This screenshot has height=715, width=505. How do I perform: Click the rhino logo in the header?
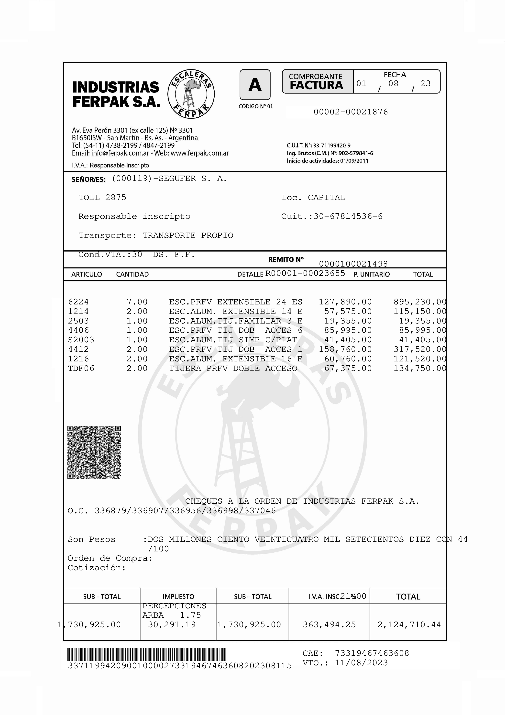coord(191,94)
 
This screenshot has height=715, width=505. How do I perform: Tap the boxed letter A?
coord(255,85)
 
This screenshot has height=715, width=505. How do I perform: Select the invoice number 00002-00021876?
coord(351,112)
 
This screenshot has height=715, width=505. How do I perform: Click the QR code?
coord(94,452)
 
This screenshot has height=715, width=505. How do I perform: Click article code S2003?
coord(81,340)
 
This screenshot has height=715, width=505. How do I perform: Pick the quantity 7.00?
coord(137,302)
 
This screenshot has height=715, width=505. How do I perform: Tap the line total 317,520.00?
coord(420,349)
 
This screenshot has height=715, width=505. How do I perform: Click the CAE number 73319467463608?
coord(372,653)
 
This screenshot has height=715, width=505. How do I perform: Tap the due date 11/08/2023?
coord(361,663)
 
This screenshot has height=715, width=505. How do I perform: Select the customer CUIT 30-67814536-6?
coord(348,216)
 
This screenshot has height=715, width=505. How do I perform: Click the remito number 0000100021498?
coord(353,264)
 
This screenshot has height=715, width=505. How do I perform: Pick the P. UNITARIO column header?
coord(372,274)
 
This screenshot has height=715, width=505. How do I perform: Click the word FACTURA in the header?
coord(316,85)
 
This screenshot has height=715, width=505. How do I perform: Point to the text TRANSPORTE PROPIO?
coord(188,235)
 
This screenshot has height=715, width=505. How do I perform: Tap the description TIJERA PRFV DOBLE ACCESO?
coord(233,369)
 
